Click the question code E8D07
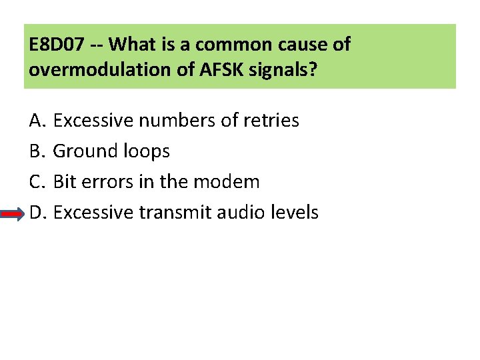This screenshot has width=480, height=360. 56,45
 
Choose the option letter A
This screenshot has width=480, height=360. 36,121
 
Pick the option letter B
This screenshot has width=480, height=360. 36,151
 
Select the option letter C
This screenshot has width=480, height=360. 36,182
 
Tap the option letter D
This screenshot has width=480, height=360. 36,213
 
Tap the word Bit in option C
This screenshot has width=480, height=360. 63,182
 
